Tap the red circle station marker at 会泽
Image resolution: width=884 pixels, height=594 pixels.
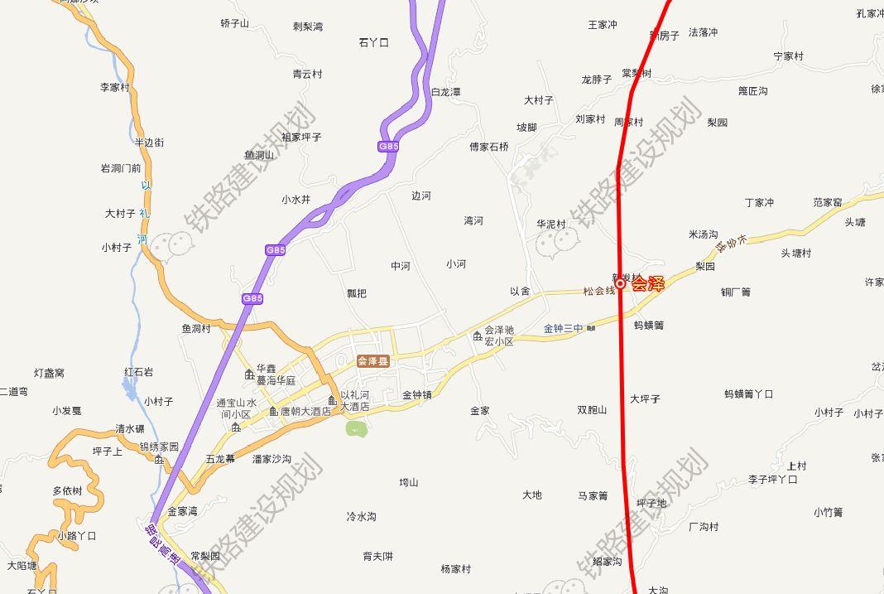(x=620, y=283)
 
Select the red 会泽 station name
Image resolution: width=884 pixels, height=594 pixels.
(x=648, y=283)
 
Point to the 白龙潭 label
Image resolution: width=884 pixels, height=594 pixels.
(x=445, y=92)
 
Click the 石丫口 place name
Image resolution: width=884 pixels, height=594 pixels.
(x=373, y=42)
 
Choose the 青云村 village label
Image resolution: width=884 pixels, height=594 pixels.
(x=307, y=74)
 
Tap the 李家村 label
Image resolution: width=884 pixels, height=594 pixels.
(x=115, y=87)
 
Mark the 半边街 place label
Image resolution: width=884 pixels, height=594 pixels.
(x=149, y=142)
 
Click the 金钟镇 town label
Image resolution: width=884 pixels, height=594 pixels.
(x=417, y=395)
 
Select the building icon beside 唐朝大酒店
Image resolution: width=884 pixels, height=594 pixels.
(x=273, y=411)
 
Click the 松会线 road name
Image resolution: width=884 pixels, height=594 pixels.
(x=599, y=291)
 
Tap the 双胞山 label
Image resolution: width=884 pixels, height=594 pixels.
(x=592, y=409)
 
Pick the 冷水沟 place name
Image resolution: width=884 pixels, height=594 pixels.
(x=361, y=516)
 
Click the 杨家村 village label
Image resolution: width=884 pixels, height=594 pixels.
(x=455, y=569)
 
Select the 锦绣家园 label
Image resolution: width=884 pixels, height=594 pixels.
(x=159, y=447)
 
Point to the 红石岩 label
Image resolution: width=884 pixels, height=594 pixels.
(x=138, y=372)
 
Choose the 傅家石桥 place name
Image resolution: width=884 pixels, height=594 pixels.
(x=489, y=147)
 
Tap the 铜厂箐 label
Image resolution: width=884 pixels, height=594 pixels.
(x=735, y=292)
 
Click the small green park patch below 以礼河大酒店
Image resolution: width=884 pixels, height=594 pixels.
(x=356, y=428)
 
